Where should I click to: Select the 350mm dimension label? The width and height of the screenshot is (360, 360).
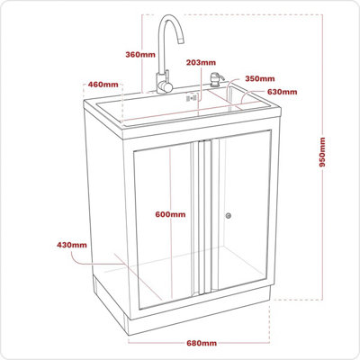(259, 78)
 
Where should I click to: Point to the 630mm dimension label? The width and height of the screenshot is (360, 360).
(283, 92)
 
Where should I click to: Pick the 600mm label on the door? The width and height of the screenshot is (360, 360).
(170, 214)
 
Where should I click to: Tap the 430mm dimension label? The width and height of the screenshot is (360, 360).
(72, 245)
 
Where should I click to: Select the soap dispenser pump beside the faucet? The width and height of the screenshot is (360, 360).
(216, 80)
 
